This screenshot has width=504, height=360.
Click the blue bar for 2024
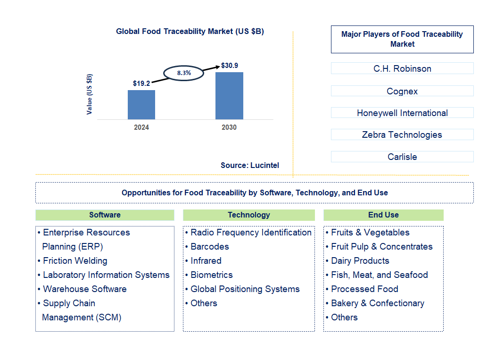(x=141, y=104)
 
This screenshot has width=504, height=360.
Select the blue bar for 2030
(x=229, y=96)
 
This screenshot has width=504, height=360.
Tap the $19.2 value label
(x=141, y=84)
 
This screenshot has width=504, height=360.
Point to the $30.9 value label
(x=230, y=66)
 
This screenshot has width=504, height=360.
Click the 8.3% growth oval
(x=184, y=73)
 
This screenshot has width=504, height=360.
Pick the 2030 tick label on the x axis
(x=229, y=127)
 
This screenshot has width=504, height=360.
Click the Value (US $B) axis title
(x=90, y=94)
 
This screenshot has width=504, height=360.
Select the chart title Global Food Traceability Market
(x=190, y=32)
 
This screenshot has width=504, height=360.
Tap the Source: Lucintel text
(x=250, y=165)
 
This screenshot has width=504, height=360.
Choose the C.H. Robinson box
(x=402, y=68)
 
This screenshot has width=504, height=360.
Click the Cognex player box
(x=402, y=91)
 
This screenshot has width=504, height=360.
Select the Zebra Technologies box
(x=402, y=134)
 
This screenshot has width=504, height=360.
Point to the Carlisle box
(x=402, y=157)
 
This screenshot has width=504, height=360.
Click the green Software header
(x=105, y=215)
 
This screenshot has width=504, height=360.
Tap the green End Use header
(x=383, y=215)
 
